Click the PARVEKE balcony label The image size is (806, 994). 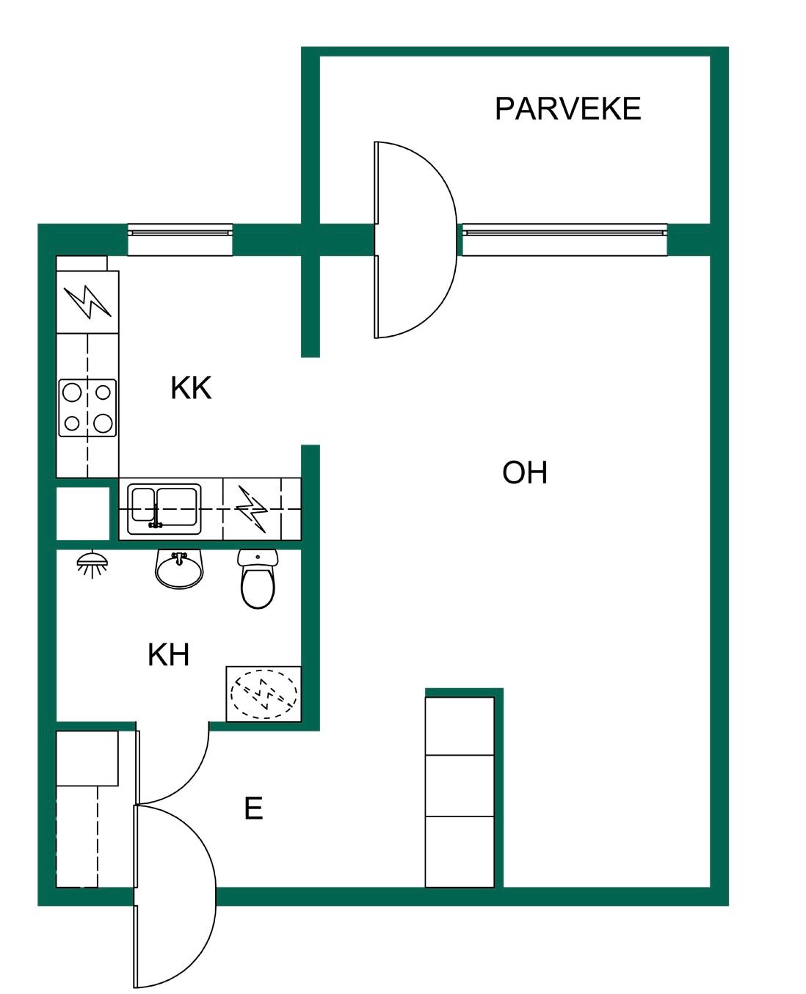567,109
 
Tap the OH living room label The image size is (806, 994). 524,472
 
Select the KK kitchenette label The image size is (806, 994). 191,388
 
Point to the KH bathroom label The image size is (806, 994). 169,654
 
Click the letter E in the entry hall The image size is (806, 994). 253,808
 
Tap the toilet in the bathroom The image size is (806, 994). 258,578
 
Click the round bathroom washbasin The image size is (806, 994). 179,569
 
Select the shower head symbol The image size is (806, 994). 92,563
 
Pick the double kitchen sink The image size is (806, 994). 164,508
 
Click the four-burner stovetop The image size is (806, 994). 87,408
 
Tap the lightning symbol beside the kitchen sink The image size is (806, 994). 253,508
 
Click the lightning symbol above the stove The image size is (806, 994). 87,302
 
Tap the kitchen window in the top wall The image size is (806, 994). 181,240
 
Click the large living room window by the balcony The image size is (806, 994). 564,240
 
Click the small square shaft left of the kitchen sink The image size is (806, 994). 83,513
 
